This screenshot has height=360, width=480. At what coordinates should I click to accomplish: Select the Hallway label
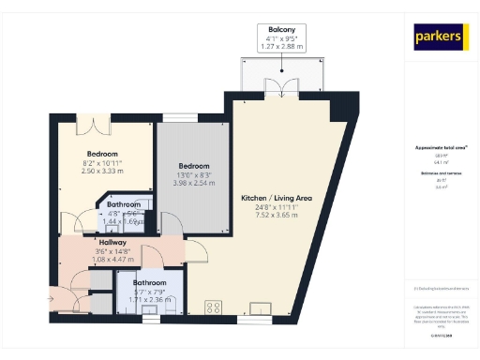[113, 241]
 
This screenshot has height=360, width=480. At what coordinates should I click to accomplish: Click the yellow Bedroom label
[102, 154]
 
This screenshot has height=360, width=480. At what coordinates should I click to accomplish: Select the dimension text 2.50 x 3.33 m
[102, 171]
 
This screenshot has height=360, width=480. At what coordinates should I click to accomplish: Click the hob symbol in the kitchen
[214, 306]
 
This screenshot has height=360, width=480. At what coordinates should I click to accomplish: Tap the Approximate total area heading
[441, 148]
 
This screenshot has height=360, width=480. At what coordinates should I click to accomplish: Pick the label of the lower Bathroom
[149, 283]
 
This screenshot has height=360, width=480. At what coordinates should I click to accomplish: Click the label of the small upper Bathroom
[123, 204]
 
